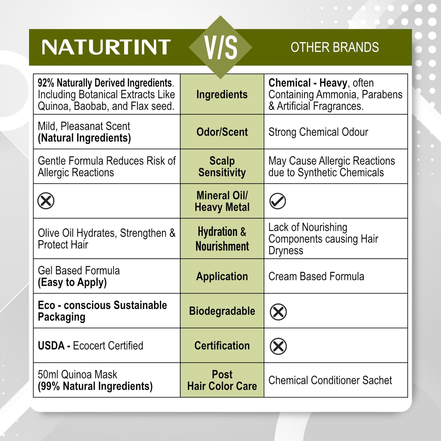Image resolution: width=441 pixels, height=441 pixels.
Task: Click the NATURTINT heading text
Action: pos(106,47)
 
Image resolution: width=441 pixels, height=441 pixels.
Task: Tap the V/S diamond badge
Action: pos(221,47)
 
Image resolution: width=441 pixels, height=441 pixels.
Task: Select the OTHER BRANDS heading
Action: pos(335,47)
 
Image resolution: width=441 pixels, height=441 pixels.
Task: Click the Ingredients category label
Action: pos(222,94)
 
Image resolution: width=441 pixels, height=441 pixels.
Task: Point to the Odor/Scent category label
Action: pos(222,132)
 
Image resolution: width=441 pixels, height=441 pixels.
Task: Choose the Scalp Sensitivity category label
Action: pos(222,166)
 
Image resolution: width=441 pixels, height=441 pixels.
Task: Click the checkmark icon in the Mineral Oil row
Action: pos(278,201)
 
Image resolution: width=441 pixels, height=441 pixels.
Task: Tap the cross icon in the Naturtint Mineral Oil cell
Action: pos(46,201)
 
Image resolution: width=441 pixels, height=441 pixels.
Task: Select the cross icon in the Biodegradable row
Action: pos(278,312)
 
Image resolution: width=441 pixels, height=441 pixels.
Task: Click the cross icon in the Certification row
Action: pos(278,346)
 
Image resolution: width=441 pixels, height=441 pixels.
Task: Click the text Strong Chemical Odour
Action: pos(318,132)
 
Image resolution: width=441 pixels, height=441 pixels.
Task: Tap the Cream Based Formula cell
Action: pos(316,276)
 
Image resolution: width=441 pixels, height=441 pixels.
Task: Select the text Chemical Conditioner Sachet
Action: pos(330,380)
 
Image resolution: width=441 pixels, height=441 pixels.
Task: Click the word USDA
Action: pos(51,346)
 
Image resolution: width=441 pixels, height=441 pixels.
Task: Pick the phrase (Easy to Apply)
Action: pos(72,283)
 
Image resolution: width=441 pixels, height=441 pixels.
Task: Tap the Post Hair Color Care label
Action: pos(222,380)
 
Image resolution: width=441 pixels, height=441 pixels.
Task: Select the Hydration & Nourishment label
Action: pos(222,239)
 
